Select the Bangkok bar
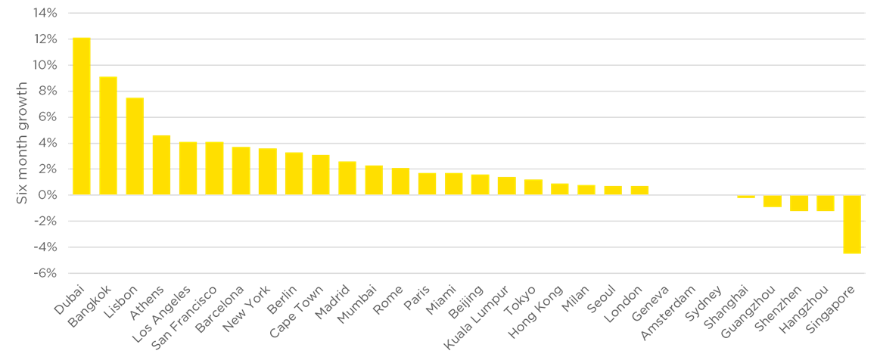108,135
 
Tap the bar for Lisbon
135,146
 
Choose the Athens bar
161,165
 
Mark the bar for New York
267,172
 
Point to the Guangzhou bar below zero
772,201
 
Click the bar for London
639,190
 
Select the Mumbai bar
374,180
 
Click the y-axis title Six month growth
22,142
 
